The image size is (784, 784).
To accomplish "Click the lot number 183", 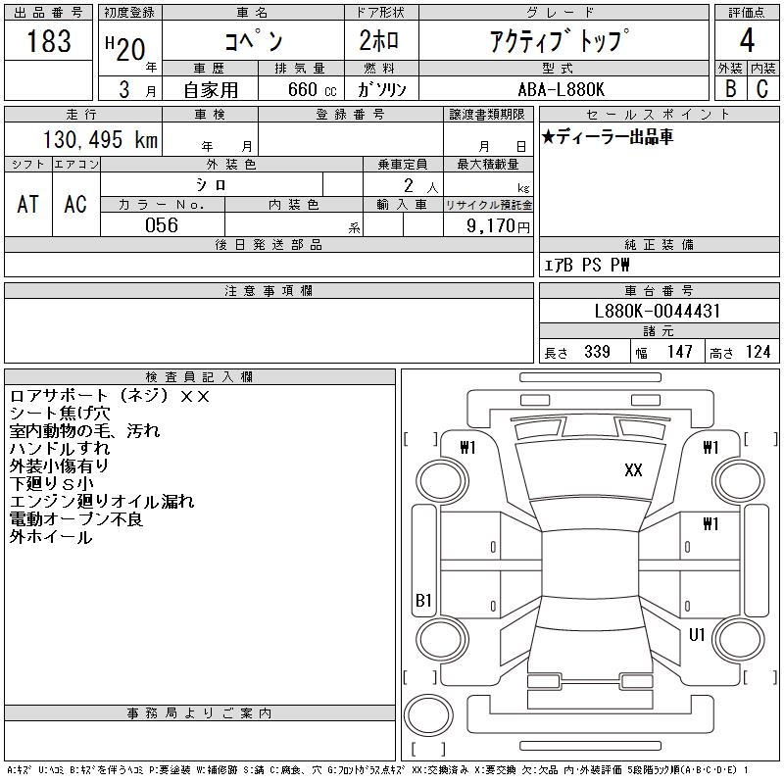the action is point(49,42).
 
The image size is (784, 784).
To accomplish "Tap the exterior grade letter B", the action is point(730,88).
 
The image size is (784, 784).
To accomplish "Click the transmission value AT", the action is point(27,204).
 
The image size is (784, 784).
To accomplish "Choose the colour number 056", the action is point(162,225).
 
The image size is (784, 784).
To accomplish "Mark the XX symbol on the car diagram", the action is point(633,470).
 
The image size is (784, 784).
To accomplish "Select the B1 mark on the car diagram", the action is point(423,601).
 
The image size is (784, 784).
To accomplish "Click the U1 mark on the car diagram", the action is point(697,635).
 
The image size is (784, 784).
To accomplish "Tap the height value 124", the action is point(757,352).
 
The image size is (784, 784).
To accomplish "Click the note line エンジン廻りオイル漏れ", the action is point(102,502).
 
